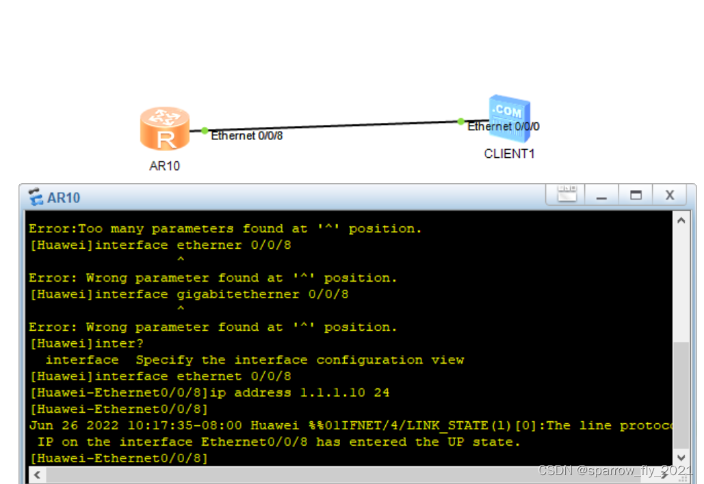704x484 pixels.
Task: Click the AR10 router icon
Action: coord(165,129)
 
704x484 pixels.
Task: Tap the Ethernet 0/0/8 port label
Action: coord(247,136)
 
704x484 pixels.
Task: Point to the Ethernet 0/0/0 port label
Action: coord(504,126)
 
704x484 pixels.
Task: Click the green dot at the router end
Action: coord(205,131)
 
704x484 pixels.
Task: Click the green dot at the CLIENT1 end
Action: coord(460,122)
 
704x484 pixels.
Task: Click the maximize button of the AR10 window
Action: coord(636,196)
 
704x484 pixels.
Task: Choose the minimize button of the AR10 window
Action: coord(601,196)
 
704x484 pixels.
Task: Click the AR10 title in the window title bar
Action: coord(64,198)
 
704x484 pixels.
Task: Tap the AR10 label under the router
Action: coord(165,166)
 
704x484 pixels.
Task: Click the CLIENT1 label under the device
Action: coord(509,154)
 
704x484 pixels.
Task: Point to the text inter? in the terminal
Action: coord(120,344)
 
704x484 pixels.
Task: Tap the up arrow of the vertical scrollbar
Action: coord(681,220)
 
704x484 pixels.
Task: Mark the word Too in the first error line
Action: coord(90,229)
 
